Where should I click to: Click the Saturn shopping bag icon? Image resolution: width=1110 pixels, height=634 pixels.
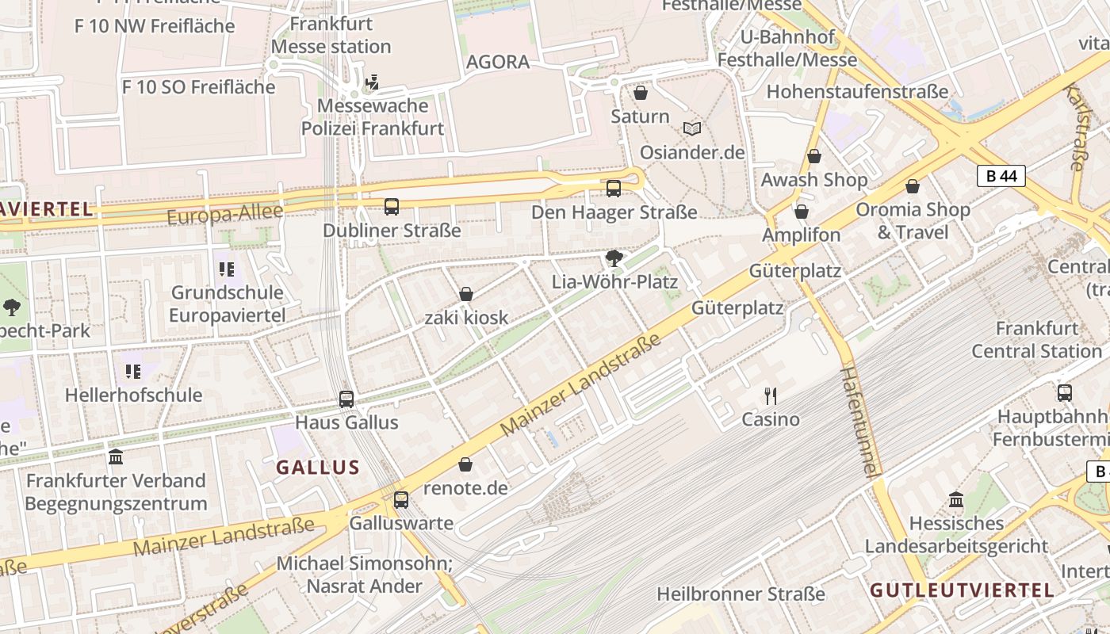coord(641,94)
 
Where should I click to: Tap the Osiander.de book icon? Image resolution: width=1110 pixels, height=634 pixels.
coord(692,128)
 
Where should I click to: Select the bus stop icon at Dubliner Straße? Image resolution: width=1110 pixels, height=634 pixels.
coord(392,207)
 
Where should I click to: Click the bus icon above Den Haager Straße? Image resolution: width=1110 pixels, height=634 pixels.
coord(614,189)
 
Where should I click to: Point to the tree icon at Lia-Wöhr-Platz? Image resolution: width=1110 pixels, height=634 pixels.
coord(614,258)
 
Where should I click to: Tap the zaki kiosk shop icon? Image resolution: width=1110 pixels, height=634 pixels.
coord(466,294)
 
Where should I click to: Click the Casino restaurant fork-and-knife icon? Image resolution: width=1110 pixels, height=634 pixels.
coord(770,395)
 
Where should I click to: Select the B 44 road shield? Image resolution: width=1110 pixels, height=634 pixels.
coord(1001,176)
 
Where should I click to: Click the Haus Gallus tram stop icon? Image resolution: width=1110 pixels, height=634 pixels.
coord(346,399)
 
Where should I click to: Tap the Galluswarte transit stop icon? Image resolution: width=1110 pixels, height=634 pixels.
coord(401,499)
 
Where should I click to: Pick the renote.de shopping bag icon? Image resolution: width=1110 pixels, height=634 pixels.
coord(465,464)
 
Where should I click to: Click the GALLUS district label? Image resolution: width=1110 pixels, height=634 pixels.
coord(318,468)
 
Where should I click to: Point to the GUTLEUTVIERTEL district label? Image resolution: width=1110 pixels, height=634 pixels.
coord(962,590)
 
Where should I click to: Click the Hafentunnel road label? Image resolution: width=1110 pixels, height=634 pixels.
coord(860,420)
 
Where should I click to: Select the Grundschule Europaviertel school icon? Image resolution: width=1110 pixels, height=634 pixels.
coord(227,269)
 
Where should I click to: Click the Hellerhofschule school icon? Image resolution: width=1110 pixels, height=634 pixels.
coord(133,371)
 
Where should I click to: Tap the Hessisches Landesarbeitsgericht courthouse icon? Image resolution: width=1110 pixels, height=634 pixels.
coord(956,499)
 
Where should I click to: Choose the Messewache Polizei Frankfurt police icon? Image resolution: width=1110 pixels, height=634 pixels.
coord(372,82)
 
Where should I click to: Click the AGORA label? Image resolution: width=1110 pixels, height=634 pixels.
coord(498,62)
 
